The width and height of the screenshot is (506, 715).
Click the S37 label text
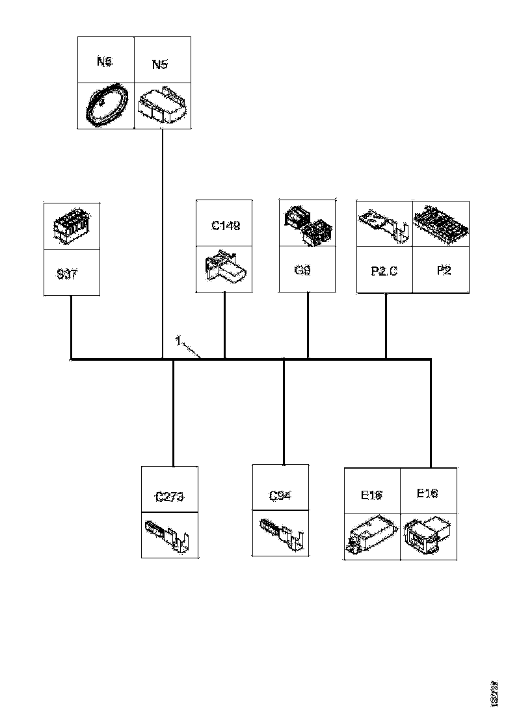(x=67, y=274)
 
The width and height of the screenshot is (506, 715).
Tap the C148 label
(x=225, y=226)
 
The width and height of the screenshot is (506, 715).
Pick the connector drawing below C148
(x=224, y=268)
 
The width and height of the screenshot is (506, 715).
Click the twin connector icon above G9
(x=306, y=226)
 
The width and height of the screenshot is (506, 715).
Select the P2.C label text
(x=384, y=271)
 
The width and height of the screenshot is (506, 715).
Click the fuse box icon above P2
(x=441, y=224)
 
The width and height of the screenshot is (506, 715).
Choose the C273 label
(x=170, y=497)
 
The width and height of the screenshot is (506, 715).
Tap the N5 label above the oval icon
(x=104, y=62)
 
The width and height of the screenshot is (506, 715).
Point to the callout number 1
(x=177, y=340)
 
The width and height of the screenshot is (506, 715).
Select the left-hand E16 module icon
(x=371, y=536)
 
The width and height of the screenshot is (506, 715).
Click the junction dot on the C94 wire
(x=284, y=359)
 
